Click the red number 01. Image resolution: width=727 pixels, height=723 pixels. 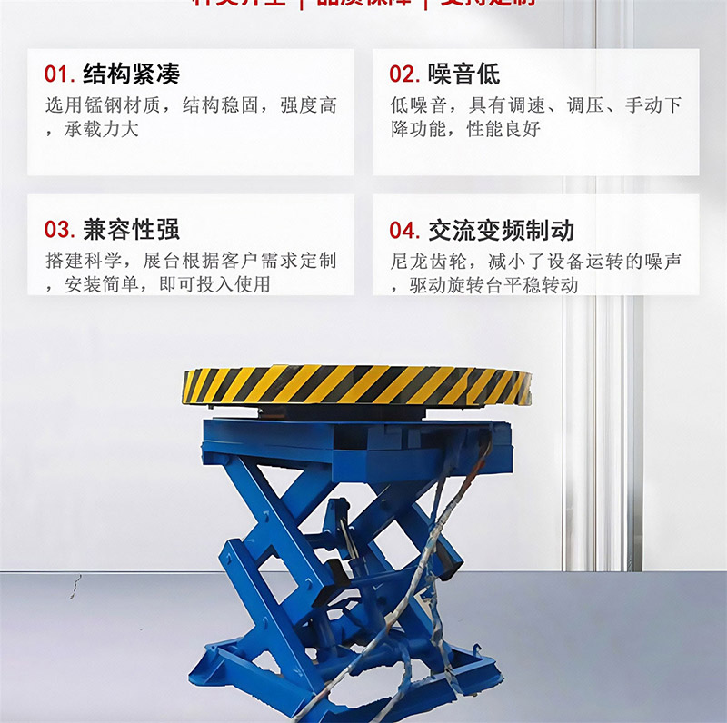click(x=59, y=74)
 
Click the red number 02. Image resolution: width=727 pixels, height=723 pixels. click(x=403, y=74)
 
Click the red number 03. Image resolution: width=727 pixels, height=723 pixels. click(x=59, y=230)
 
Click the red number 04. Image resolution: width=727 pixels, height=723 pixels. click(x=403, y=230)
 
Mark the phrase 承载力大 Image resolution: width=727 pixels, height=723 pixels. click(x=101, y=129)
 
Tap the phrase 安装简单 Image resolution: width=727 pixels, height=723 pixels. click(x=101, y=284)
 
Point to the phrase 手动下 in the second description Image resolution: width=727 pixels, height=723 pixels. click(x=652, y=105)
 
